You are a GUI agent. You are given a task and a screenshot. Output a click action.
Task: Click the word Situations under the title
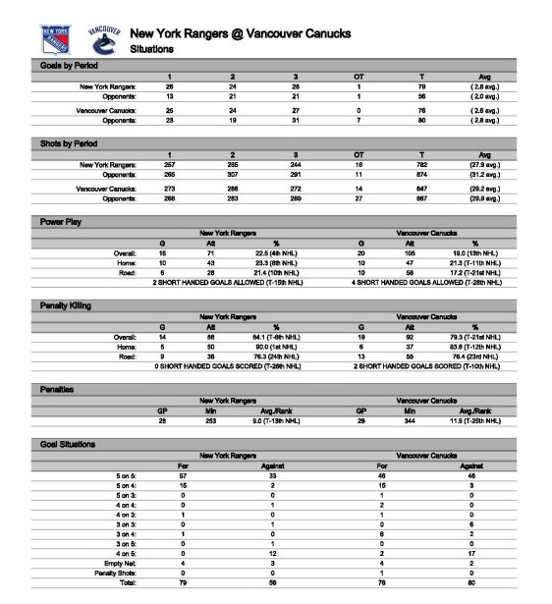click(153, 48)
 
